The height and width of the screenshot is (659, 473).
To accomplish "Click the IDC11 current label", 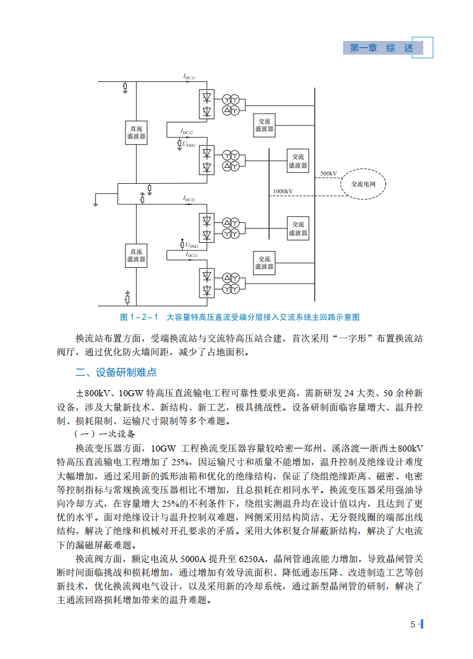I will pos(189,77).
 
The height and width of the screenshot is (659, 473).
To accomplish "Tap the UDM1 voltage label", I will pos(189,144).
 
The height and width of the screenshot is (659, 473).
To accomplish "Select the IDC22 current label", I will pos(189,199).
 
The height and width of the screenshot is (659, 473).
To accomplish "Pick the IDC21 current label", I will pos(191,255).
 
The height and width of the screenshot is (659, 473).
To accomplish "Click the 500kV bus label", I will pos(329,173).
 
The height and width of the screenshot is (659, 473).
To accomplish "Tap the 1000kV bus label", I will pos(283,191).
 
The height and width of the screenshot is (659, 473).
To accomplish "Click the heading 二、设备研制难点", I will pos(116,373).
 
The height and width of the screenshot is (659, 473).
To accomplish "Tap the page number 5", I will pos(413,625).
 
